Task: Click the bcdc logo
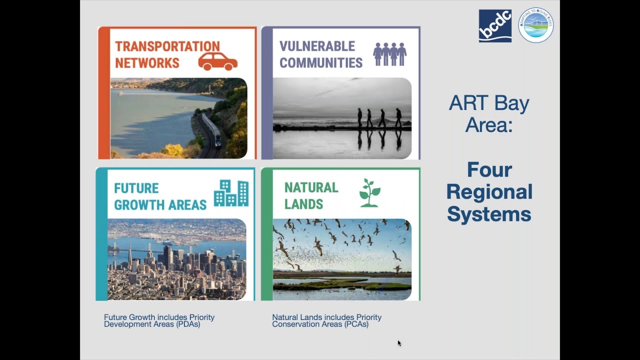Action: click(x=495, y=26)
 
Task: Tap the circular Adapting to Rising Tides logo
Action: click(x=535, y=25)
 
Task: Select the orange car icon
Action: click(x=217, y=61)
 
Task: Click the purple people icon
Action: click(x=389, y=54)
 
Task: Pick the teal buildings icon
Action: click(x=231, y=193)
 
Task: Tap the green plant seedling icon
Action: click(x=369, y=193)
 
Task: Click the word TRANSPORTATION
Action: click(x=167, y=46)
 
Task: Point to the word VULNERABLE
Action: click(x=317, y=46)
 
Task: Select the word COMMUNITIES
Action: click(x=321, y=63)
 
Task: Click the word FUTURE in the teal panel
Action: click(x=136, y=188)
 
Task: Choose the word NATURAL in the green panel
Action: click(x=311, y=187)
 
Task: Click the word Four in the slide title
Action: click(x=489, y=170)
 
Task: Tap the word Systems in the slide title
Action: click(x=489, y=214)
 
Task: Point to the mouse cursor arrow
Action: click(x=399, y=343)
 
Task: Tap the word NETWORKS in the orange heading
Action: click(x=147, y=63)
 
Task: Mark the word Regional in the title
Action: click(x=489, y=192)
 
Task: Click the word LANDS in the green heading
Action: click(x=303, y=204)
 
